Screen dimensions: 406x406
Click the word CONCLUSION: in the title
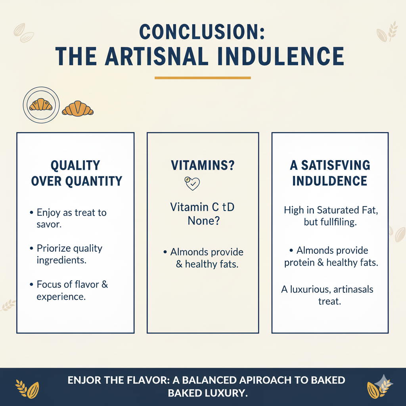[x=202, y=32]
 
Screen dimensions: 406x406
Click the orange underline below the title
[x=203, y=78]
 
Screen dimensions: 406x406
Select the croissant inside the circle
[x=41, y=105]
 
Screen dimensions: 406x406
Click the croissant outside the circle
[x=78, y=108]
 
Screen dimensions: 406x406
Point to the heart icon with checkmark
[x=192, y=183]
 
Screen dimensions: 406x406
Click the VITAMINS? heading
[x=203, y=165]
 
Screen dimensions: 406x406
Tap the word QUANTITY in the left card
[x=94, y=181]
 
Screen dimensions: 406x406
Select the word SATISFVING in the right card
[x=335, y=165]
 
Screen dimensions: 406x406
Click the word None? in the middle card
[x=203, y=220]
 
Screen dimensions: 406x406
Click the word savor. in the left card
[x=49, y=224]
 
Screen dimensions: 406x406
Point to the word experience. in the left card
[x=61, y=297]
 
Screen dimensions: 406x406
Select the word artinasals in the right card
[x=353, y=289]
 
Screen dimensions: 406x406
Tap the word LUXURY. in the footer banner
[x=225, y=393]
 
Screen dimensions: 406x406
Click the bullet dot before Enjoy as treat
[x=31, y=213]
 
